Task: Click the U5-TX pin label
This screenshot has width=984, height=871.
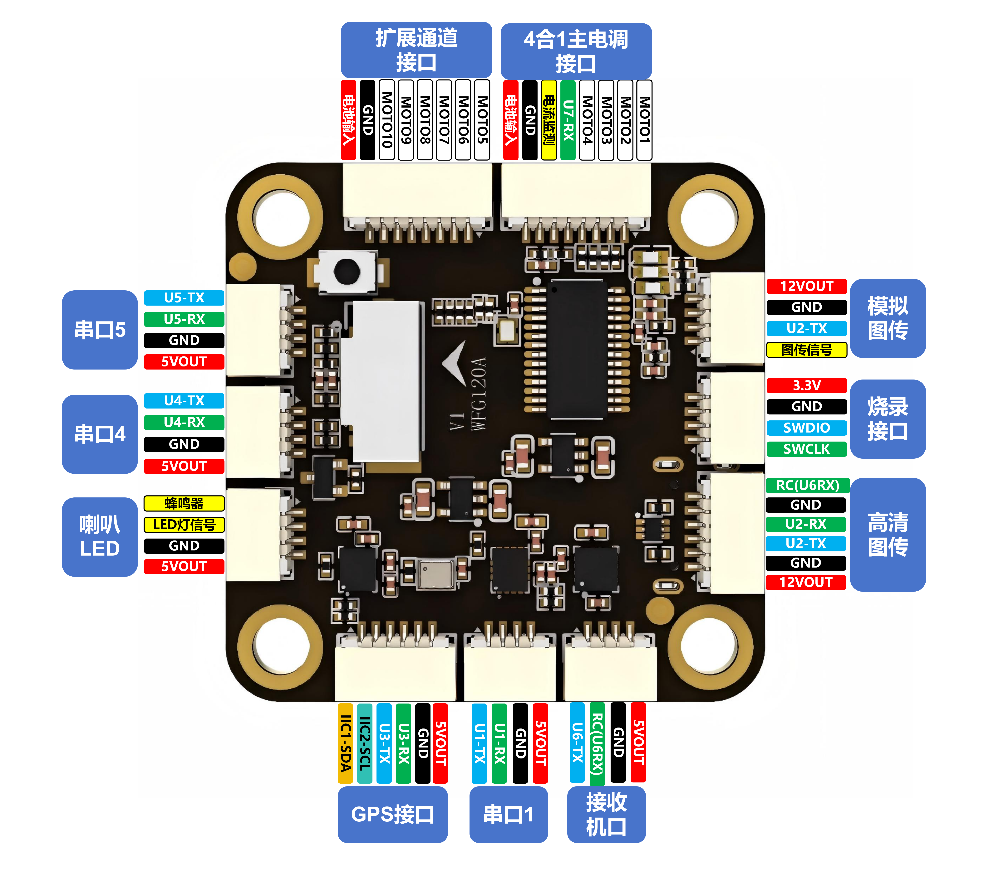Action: click(x=184, y=298)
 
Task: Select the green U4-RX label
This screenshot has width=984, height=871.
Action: click(x=184, y=422)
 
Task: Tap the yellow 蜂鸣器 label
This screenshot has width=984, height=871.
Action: click(x=184, y=503)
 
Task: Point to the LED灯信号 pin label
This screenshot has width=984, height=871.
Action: click(x=184, y=525)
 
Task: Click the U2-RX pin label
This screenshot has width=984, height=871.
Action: click(x=805, y=524)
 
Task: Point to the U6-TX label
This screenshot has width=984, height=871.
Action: click(x=577, y=743)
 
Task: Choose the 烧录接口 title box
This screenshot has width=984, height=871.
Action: click(x=888, y=419)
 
